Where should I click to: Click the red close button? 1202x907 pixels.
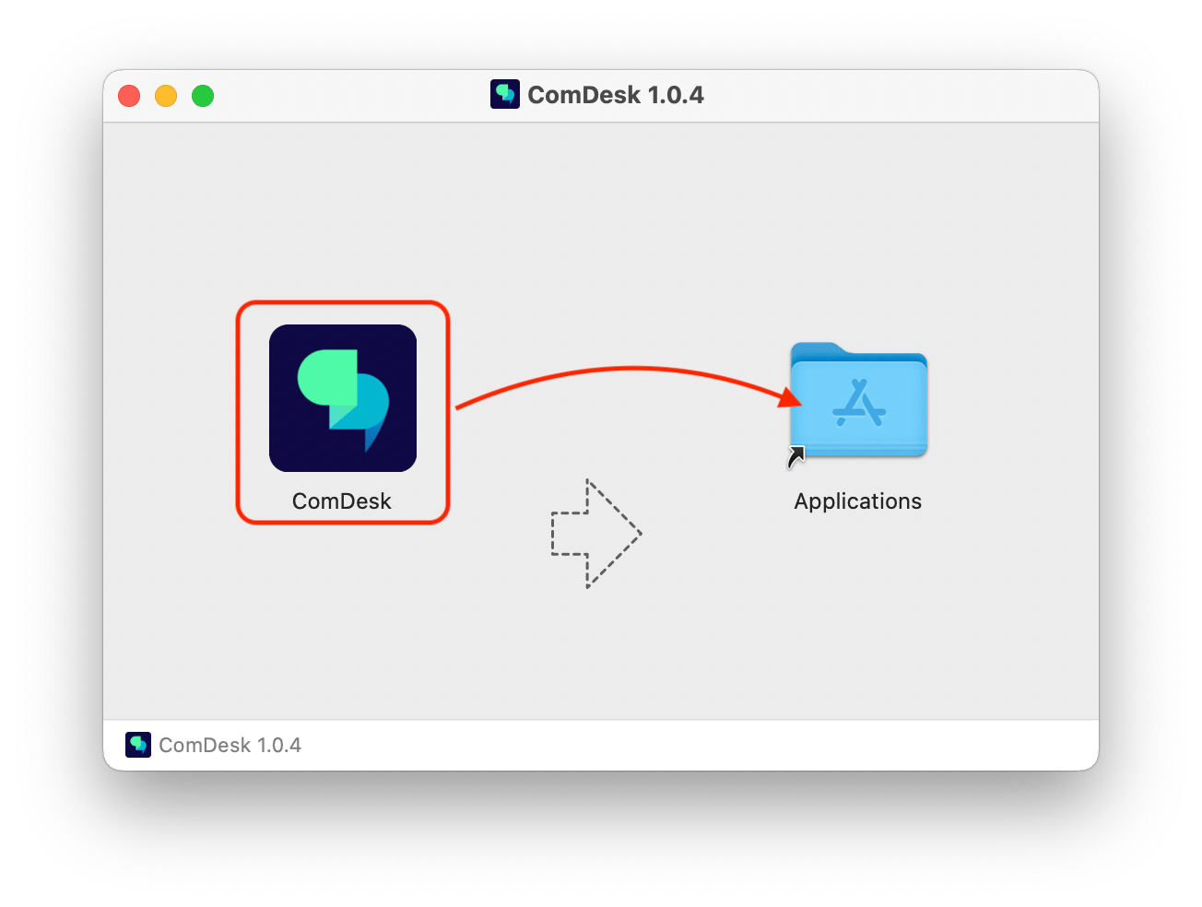click(129, 96)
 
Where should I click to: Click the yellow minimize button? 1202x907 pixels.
click(165, 96)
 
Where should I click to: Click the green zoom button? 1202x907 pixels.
click(202, 96)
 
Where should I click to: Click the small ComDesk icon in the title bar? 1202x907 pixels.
click(504, 94)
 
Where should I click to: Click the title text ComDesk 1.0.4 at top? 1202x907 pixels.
click(615, 94)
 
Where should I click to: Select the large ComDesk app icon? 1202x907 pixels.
click(342, 397)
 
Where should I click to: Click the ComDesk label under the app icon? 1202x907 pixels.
click(341, 501)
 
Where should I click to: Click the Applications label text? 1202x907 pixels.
click(857, 501)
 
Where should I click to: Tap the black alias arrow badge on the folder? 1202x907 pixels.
click(795, 456)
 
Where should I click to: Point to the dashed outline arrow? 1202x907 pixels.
click(595, 533)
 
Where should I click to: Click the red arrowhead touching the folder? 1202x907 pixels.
click(790, 398)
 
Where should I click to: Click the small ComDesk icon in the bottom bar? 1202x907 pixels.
click(137, 744)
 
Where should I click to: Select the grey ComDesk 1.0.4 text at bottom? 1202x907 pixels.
click(230, 745)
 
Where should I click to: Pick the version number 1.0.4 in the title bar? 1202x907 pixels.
click(675, 94)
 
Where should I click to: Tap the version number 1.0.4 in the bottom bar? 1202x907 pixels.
click(278, 745)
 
